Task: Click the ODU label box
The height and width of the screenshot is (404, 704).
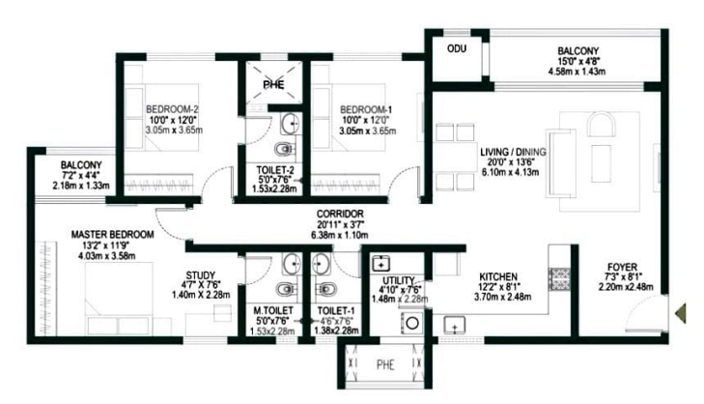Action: click(454, 47)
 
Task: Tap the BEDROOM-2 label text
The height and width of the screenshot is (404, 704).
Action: click(173, 107)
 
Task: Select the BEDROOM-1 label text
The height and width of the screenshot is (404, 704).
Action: click(366, 107)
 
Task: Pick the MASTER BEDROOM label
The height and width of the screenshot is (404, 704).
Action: click(112, 235)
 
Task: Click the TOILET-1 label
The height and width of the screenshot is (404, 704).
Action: click(337, 311)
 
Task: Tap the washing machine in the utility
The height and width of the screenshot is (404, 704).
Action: click(411, 323)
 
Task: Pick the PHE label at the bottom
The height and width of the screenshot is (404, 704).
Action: click(384, 365)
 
